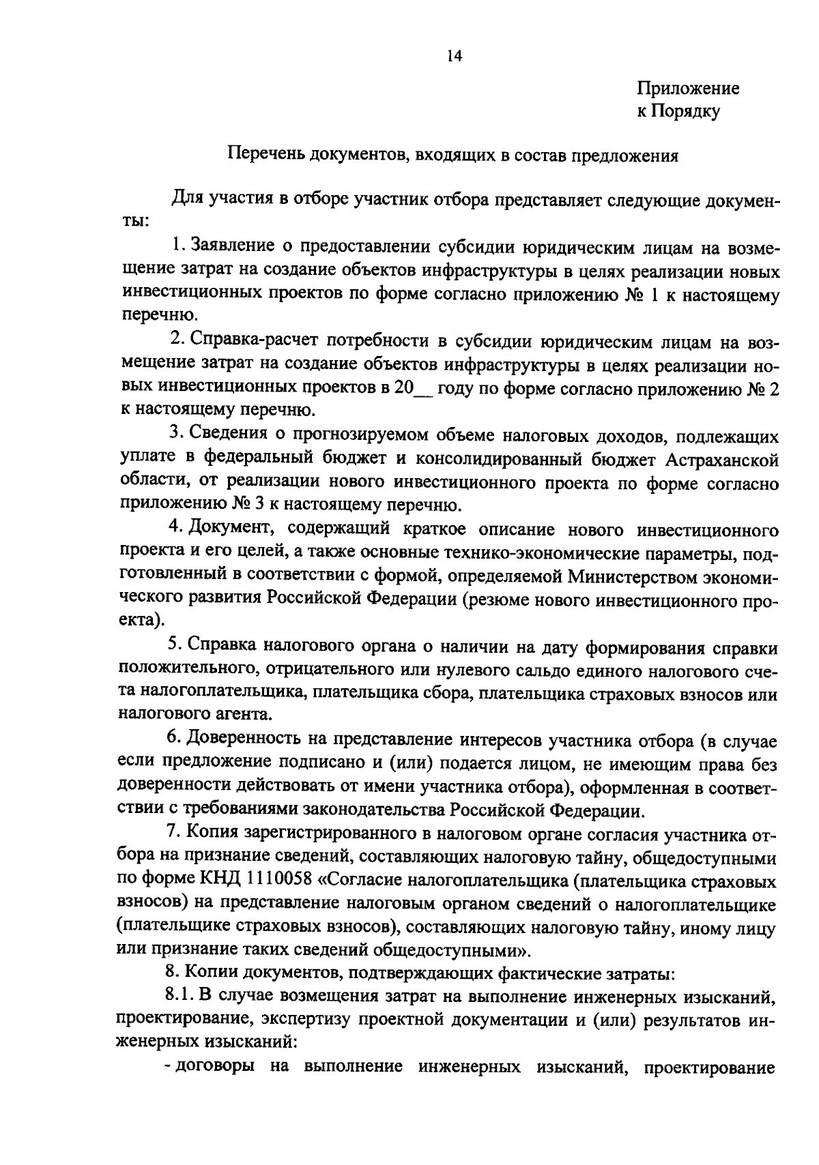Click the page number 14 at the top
pos(455,57)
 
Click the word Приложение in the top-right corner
pos(688,89)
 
